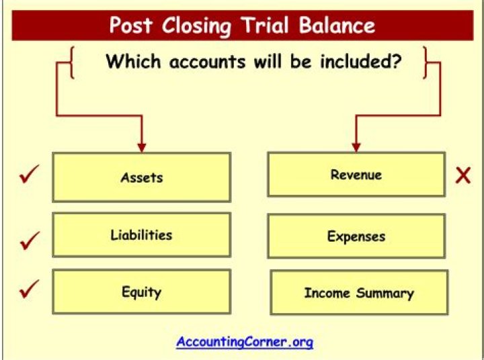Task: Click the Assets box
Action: click(x=141, y=177)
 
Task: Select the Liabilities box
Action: click(x=141, y=235)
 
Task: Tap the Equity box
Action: click(x=141, y=292)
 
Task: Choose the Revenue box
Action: click(x=356, y=175)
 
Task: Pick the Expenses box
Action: click(x=356, y=236)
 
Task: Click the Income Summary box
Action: click(x=358, y=293)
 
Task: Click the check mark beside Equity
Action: click(x=28, y=291)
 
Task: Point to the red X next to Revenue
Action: click(x=462, y=176)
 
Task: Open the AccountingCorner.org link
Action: click(x=245, y=342)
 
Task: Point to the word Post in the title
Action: click(x=130, y=26)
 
